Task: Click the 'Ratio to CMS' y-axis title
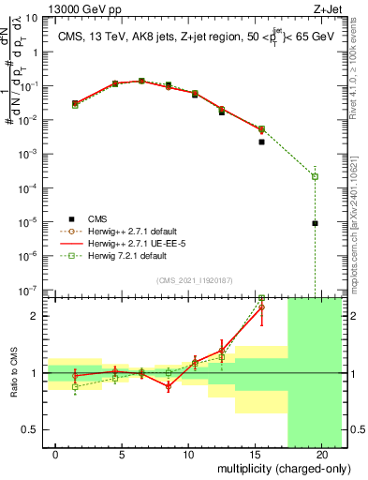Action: pos(13,373)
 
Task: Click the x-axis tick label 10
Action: pos(188,454)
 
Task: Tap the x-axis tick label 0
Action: pos(56,454)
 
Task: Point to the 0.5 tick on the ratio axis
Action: pos(33,430)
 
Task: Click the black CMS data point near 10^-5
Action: pos(315,223)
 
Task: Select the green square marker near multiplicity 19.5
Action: pos(315,176)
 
